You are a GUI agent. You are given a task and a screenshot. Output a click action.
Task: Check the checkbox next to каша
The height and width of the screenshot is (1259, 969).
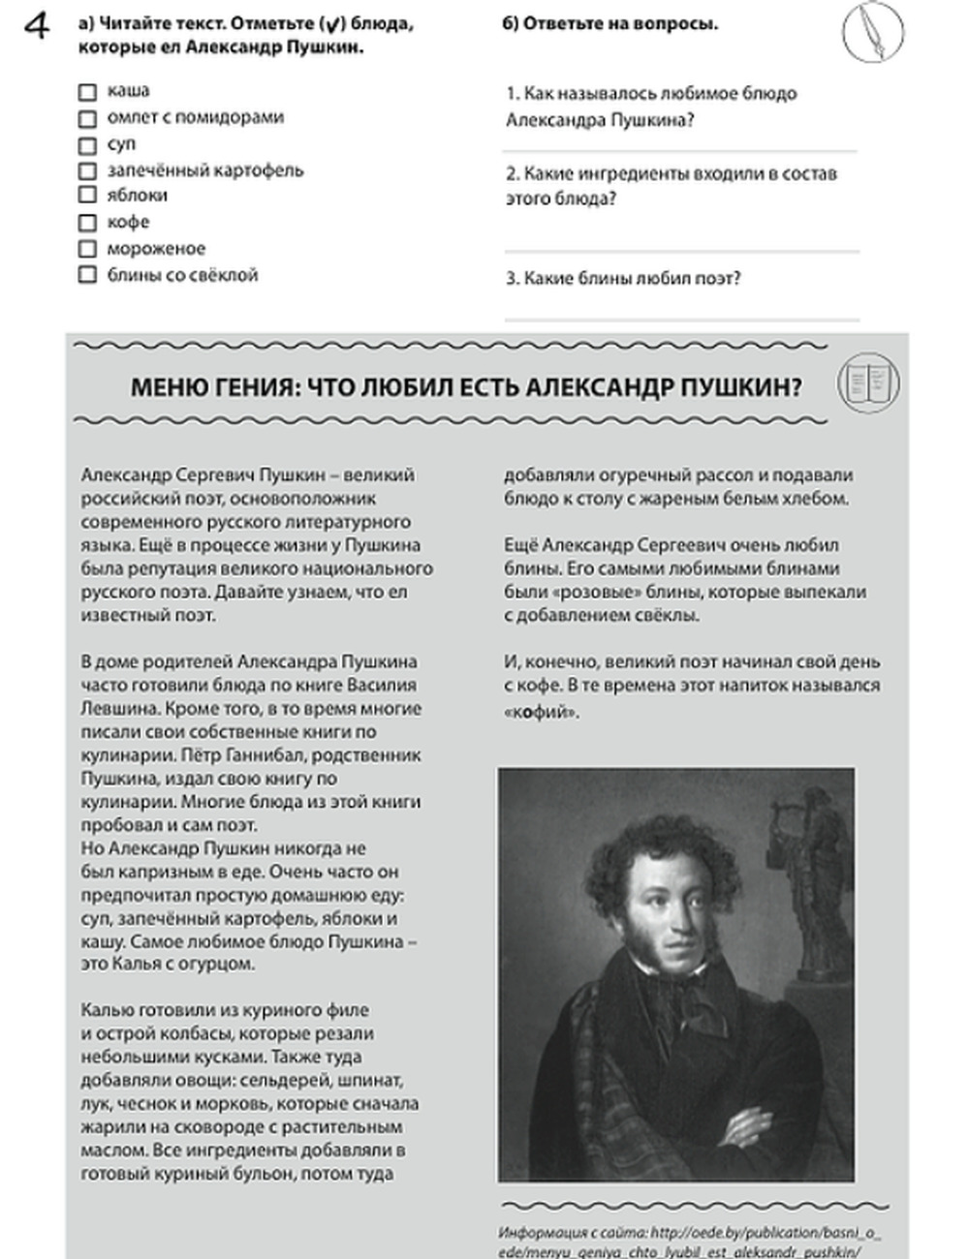click(87, 92)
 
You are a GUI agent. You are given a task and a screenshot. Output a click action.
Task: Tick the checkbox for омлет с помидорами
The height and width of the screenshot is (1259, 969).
click(87, 118)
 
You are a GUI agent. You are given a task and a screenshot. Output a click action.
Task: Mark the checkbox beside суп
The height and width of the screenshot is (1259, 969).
click(87, 145)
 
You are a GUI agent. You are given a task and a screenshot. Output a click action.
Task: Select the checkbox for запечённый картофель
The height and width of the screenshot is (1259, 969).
click(87, 171)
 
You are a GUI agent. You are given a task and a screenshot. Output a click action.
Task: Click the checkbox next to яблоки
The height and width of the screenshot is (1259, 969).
click(87, 197)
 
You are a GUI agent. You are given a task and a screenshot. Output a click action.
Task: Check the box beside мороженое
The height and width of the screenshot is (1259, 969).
click(87, 250)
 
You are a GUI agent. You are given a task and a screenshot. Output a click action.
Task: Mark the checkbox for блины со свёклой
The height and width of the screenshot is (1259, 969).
click(87, 276)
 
